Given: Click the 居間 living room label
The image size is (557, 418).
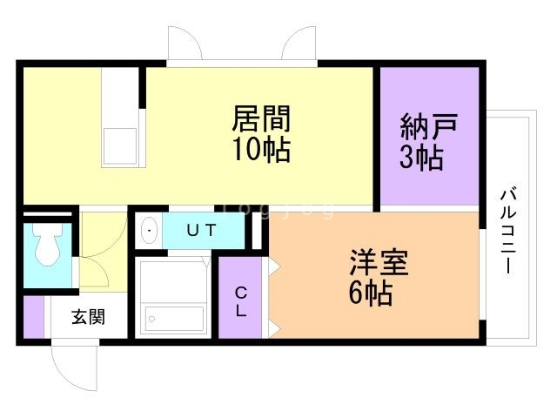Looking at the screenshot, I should pos(260,118).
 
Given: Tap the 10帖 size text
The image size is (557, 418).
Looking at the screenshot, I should pos(260,149).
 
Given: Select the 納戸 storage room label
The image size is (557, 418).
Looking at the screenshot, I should pos(428,128).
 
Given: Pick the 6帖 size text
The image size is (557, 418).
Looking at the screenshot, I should pos(370,293).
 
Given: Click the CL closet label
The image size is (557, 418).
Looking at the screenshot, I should pos(239,300).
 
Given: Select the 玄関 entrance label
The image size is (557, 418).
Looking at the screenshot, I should pos(88,317).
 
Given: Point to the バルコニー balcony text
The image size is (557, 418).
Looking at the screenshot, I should pos(508,230).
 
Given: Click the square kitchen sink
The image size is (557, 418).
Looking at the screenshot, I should pos(120,145).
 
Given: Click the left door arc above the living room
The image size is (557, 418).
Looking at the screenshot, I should pos(185,44).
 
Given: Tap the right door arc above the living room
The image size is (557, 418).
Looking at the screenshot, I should pos(299,44).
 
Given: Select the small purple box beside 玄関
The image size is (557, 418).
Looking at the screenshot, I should pos(32,317).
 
